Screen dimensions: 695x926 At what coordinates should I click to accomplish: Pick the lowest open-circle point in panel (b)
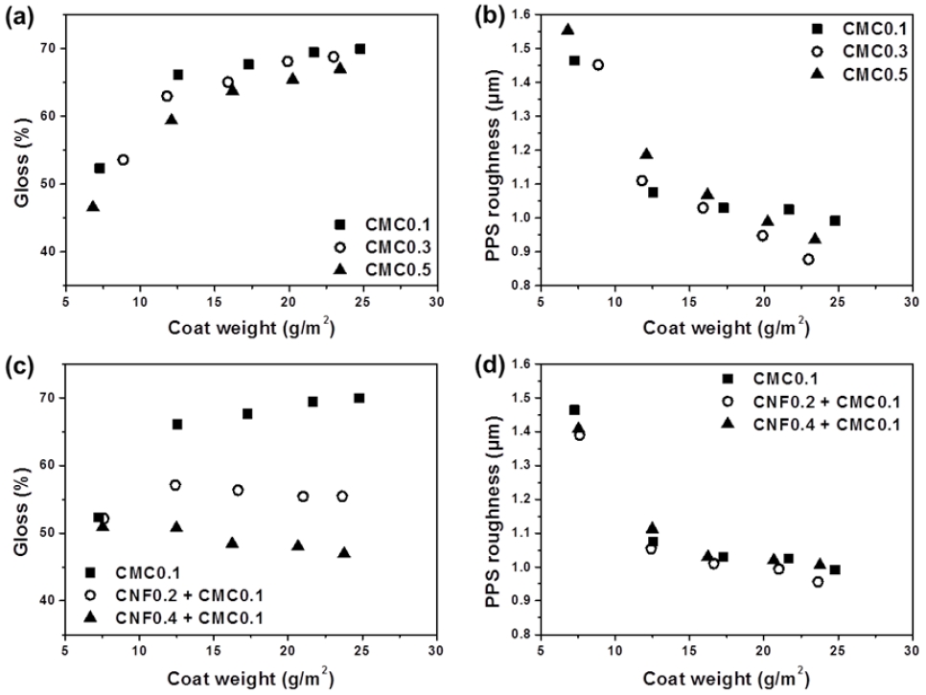point(808,260)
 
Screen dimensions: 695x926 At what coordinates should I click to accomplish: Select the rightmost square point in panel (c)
point(359,398)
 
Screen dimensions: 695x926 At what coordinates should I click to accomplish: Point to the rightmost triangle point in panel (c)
point(344,553)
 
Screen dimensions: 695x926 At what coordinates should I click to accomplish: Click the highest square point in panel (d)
point(574,410)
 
